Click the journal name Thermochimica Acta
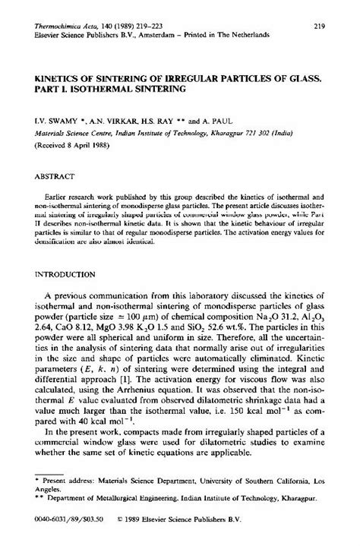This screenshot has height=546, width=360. pyautogui.click(x=59, y=27)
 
